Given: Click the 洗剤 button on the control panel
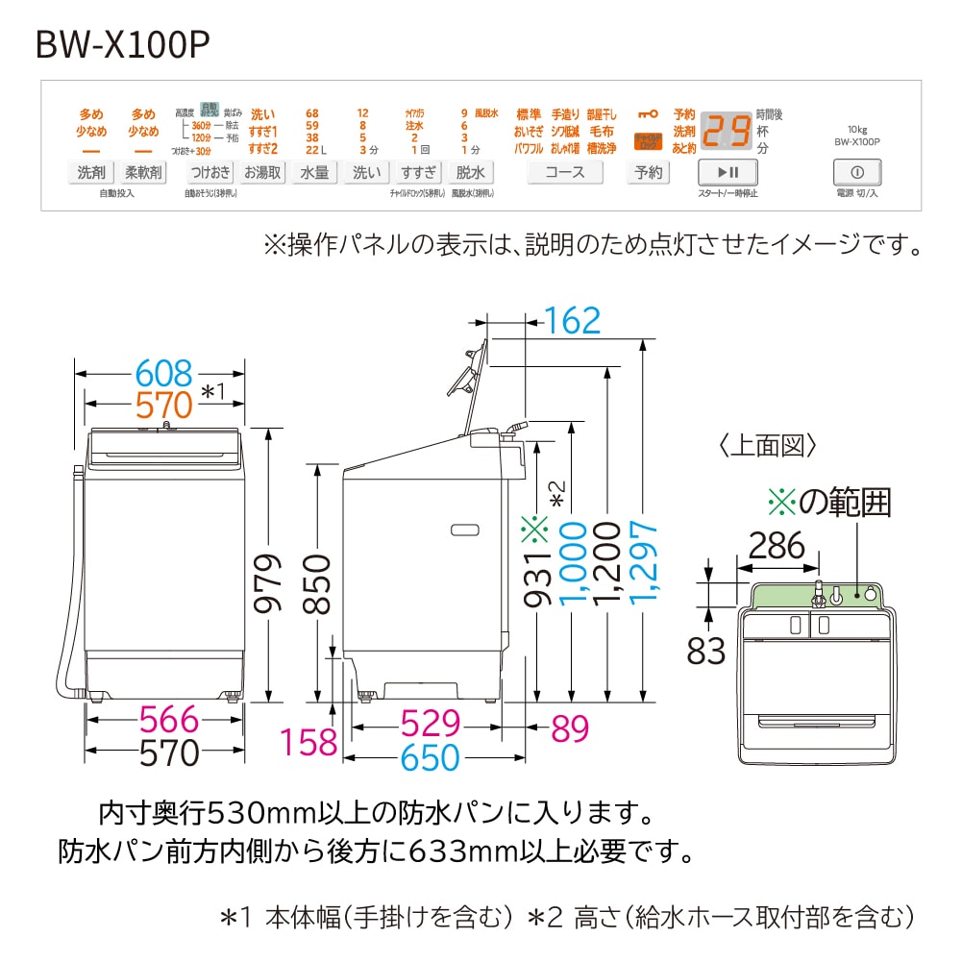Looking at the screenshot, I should click(x=91, y=173).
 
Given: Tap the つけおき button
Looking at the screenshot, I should click(x=210, y=173).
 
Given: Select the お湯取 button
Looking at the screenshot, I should click(x=262, y=173).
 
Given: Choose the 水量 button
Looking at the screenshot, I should click(x=315, y=173).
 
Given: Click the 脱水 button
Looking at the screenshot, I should click(x=471, y=173).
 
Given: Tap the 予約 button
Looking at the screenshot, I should click(x=649, y=173).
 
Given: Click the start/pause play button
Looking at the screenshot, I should click(x=728, y=173).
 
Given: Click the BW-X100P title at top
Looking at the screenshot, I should click(x=122, y=44).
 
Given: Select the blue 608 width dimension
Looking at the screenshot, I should click(x=163, y=372).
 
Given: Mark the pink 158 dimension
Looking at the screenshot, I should click(x=309, y=741).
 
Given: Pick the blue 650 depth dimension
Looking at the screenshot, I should click(x=431, y=758).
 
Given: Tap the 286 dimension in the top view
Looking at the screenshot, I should click(x=776, y=546).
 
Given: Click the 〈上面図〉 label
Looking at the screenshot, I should click(x=767, y=445).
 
